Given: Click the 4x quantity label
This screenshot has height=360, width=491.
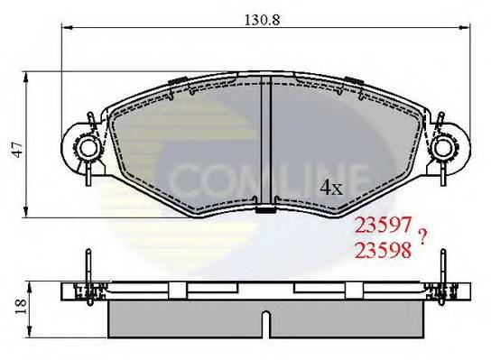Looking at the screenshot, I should [x=332, y=188].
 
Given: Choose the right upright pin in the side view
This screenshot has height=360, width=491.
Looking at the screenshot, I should [x=442, y=271].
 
